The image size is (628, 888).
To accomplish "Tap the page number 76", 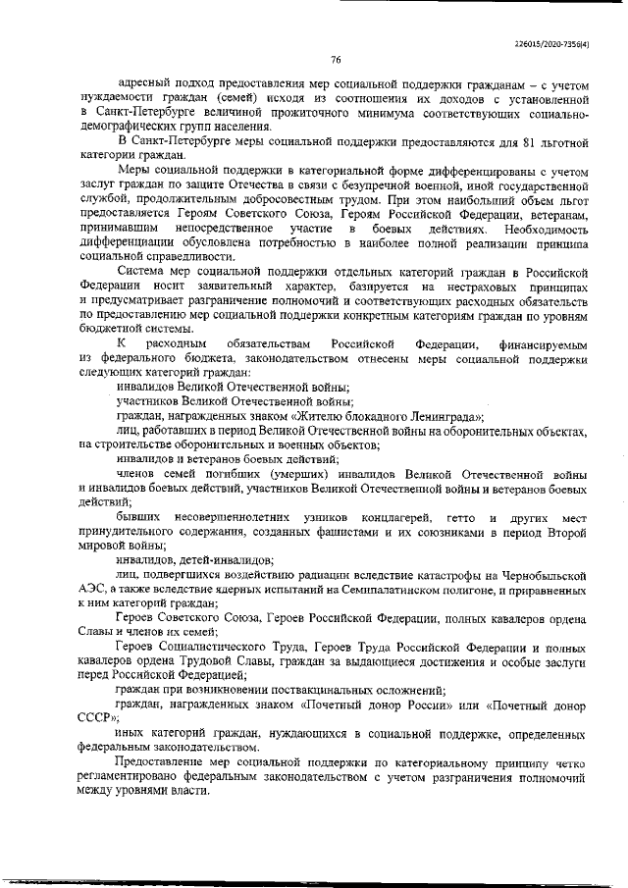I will (335, 61).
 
